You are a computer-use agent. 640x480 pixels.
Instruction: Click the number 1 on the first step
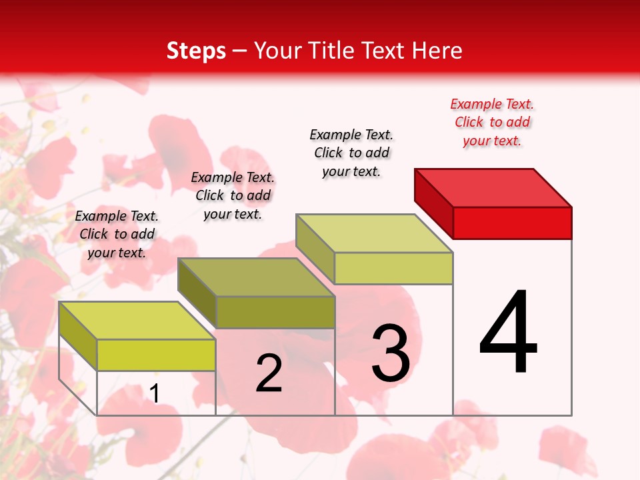point(155,393)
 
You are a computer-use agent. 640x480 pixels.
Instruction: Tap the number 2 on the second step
point(269,373)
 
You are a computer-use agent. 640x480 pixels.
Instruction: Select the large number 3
point(391,353)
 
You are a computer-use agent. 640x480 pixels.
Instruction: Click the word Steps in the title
point(196,51)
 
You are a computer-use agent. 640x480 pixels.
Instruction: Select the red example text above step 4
point(492,123)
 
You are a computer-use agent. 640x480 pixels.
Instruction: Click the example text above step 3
point(351,153)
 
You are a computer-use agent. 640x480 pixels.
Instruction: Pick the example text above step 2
point(233,195)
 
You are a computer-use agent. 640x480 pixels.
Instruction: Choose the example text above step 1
point(117,234)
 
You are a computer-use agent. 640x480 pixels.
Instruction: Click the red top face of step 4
point(493,188)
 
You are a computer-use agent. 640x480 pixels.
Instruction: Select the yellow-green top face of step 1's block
point(137,321)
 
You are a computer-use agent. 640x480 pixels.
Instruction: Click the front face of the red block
point(512,223)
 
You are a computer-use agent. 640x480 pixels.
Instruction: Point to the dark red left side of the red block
point(433,203)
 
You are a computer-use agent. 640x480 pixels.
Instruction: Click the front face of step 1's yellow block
point(156,355)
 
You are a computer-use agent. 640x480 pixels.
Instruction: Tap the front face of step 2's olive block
point(275,312)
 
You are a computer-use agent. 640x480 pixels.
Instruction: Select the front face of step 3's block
point(393,268)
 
